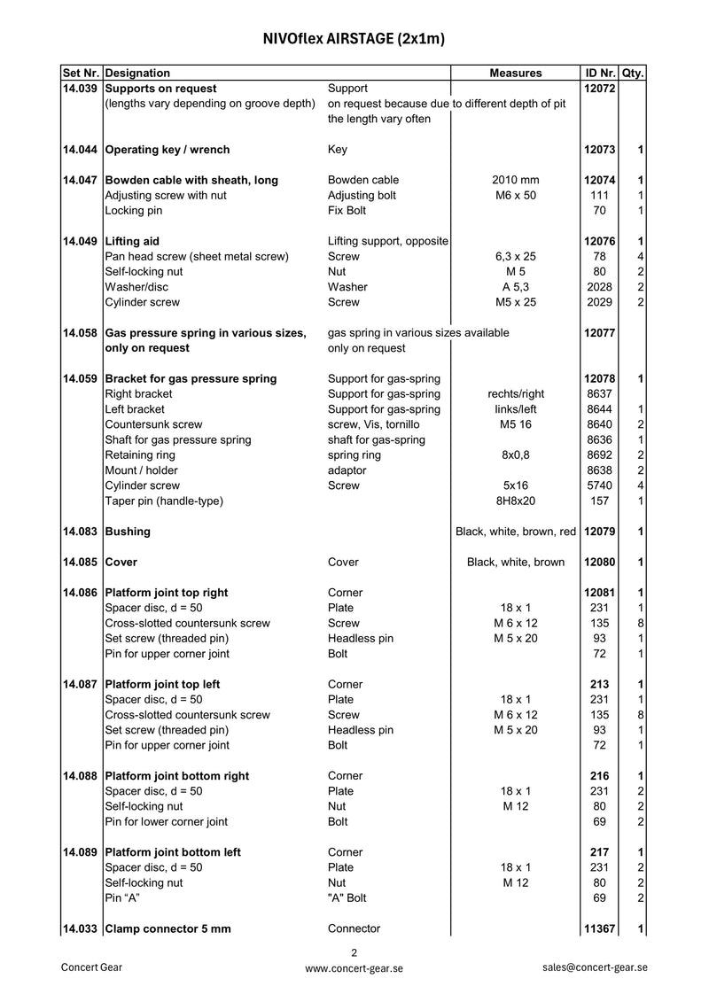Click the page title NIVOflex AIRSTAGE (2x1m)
[354, 39]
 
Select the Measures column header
[515, 73]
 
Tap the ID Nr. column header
[600, 73]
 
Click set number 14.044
[82, 150]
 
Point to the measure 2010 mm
[515, 180]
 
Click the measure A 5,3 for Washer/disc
[515, 287]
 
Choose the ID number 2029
[600, 302]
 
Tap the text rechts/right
[515, 393]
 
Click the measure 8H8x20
[515, 501]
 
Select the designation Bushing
[128, 532]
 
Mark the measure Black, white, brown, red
[515, 532]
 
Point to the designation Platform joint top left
[162, 684]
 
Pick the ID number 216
[600, 776]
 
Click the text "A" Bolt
[347, 897]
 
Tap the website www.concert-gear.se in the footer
[354, 968]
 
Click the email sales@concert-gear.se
[595, 967]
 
